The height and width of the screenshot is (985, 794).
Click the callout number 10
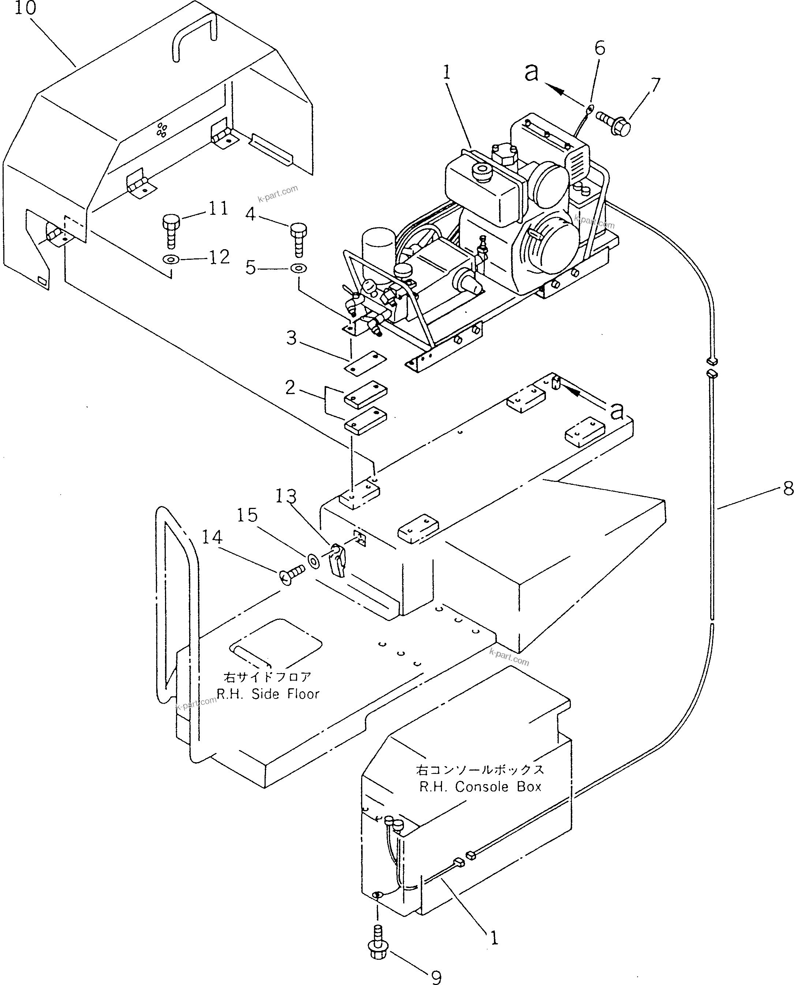coord(25,8)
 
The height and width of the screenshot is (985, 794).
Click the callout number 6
coord(600,48)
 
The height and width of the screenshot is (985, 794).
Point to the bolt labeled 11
coord(171,231)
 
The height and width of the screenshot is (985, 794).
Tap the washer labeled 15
coord(314,560)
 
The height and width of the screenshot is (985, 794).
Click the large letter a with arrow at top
coord(531,72)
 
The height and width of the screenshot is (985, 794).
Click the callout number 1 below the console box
coord(494,939)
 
